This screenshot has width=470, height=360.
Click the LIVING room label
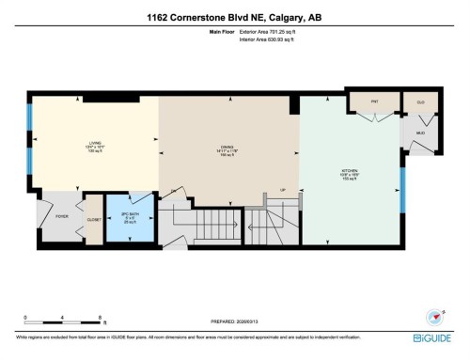point(89,142)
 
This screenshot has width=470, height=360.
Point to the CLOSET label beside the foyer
point(93,219)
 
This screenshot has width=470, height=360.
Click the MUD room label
point(419,133)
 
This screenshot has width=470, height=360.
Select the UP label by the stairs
point(283,189)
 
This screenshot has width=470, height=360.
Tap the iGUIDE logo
point(435,336)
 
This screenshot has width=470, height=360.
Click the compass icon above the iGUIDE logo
point(435,317)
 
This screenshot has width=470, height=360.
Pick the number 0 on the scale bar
point(25,316)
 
